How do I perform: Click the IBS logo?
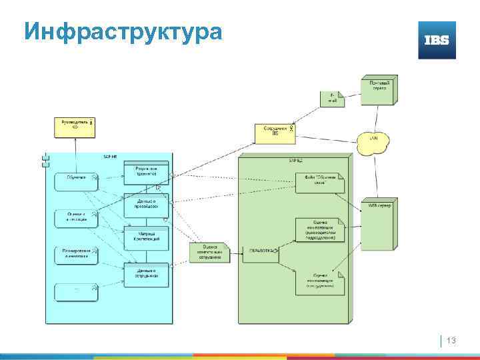click(x=437, y=40)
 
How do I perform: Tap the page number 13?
click(x=451, y=341)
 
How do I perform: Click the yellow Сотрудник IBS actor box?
click(x=275, y=133)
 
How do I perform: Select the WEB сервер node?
click(x=377, y=223)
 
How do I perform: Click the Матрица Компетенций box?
click(x=146, y=237)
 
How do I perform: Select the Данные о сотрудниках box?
click(x=146, y=274)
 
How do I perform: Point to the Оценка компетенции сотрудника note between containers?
click(x=209, y=252)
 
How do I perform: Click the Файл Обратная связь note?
click(x=320, y=182)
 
